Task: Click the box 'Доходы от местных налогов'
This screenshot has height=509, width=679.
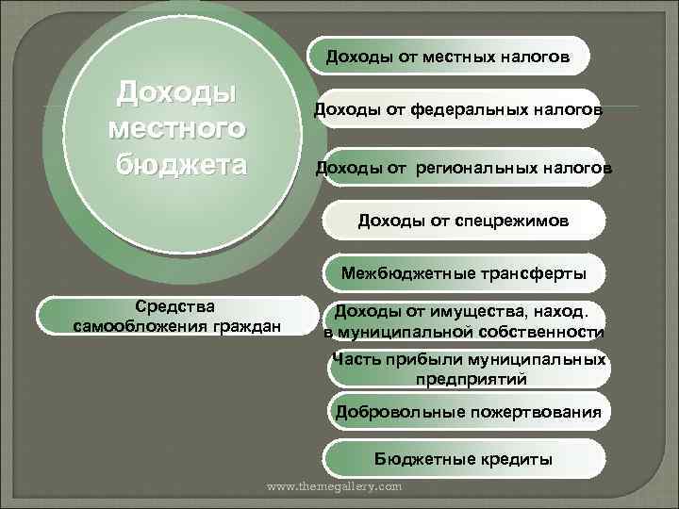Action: [x=448, y=57]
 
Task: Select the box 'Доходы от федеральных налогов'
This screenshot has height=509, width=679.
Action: [x=458, y=112]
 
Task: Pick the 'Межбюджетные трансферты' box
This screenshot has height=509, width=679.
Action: [x=463, y=274]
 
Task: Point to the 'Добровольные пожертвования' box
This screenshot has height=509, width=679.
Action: [x=468, y=411]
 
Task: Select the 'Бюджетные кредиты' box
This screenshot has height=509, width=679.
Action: [x=463, y=459]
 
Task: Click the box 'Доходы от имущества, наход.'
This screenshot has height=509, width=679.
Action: [x=463, y=320]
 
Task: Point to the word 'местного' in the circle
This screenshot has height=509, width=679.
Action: [x=178, y=127]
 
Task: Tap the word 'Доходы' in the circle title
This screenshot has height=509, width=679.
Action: [x=175, y=92]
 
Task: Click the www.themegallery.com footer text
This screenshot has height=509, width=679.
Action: [x=335, y=486]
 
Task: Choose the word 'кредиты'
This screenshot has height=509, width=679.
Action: [x=517, y=459]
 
